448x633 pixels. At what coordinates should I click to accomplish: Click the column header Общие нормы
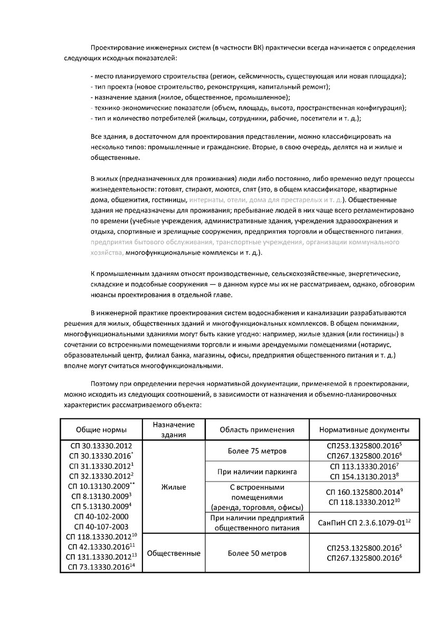[x=101, y=429]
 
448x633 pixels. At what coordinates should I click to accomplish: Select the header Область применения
[x=256, y=429]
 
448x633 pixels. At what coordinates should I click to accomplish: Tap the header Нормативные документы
[x=364, y=429]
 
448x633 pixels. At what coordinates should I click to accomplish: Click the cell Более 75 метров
[x=256, y=452]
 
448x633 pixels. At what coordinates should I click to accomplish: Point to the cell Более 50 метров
[x=256, y=553]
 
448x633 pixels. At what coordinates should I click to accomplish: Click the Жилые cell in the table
[x=174, y=487]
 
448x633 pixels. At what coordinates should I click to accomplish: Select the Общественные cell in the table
[x=174, y=553]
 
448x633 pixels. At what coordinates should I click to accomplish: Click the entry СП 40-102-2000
[x=101, y=516]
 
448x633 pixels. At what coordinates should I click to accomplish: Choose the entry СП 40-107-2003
[x=101, y=526]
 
